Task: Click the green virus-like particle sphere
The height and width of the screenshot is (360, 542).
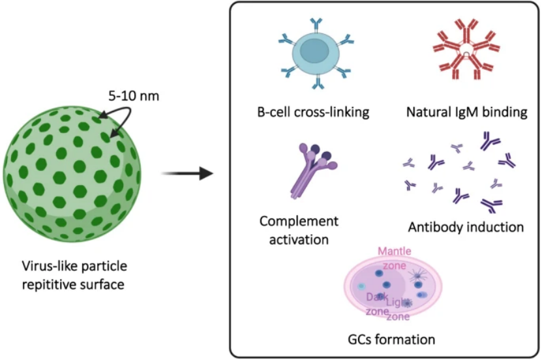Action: pyautogui.click(x=72, y=173)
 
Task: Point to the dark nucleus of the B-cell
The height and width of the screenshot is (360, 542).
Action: pyautogui.click(x=313, y=52)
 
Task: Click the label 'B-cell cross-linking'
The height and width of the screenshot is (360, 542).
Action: pyautogui.click(x=313, y=112)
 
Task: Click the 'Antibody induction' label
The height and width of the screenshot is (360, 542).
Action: pyautogui.click(x=466, y=227)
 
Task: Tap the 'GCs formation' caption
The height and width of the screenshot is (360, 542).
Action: pyautogui.click(x=391, y=339)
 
